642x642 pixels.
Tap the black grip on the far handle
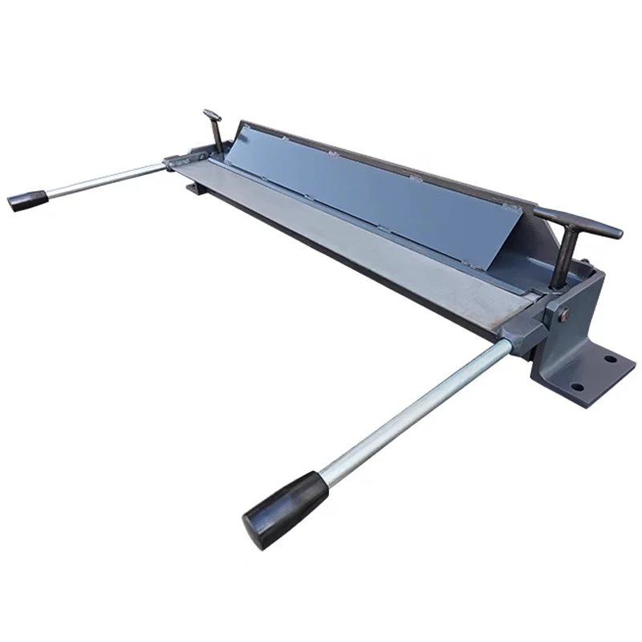coord(26,200)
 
